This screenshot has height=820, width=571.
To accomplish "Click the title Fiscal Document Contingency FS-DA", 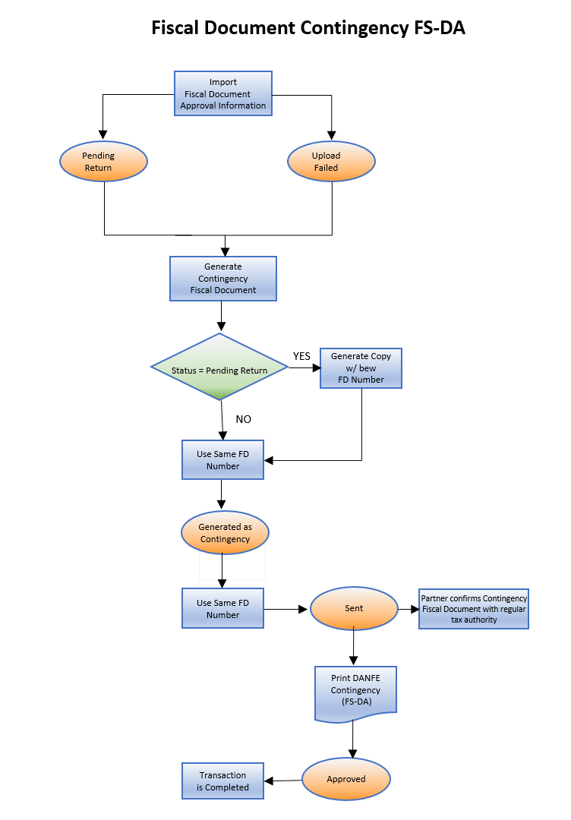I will (x=308, y=28).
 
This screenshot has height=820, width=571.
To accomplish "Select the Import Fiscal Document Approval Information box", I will (x=222, y=93).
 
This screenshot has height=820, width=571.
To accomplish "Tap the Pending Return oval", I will (x=103, y=162).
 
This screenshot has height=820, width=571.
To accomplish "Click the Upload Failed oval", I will (x=331, y=162).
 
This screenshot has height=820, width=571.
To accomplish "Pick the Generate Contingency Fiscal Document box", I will (x=222, y=278).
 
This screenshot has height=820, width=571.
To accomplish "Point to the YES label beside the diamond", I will (x=301, y=356).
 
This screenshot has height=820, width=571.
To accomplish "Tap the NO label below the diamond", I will (x=243, y=419).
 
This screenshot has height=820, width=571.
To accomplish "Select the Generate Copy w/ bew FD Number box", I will (x=361, y=367).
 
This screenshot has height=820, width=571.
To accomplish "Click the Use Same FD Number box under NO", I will (x=222, y=459).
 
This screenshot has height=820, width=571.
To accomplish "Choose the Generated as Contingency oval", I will (x=225, y=533).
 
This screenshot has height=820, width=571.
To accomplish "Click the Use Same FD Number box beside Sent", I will (x=222, y=608).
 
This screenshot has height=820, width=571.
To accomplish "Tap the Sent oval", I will (x=354, y=608).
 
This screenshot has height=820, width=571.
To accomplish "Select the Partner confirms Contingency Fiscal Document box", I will (x=474, y=608).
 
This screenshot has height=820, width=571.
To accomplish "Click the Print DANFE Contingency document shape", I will (x=355, y=691).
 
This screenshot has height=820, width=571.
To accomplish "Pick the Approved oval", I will (x=346, y=779).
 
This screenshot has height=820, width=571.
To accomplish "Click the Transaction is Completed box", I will (x=222, y=781).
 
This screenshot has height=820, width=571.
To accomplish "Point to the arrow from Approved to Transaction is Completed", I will (x=282, y=781).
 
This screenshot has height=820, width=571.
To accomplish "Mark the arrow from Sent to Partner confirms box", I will (x=409, y=608).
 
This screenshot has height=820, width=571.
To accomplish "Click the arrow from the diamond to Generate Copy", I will (x=304, y=367).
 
